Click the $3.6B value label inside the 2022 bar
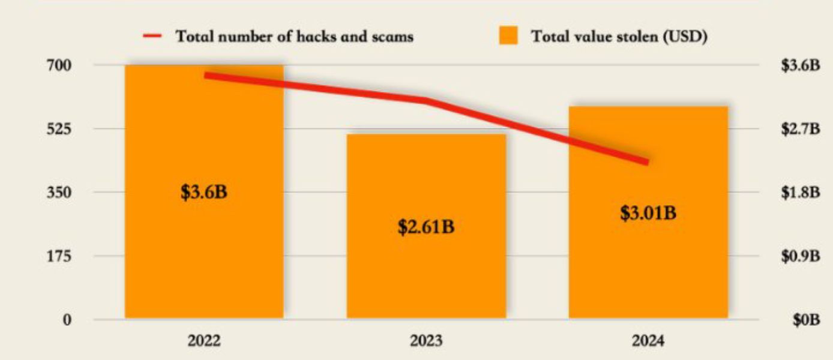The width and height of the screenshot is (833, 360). pyautogui.click(x=204, y=193)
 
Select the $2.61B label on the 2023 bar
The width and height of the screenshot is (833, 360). pyautogui.click(x=426, y=227)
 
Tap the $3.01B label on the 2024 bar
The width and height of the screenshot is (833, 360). pyautogui.click(x=648, y=213)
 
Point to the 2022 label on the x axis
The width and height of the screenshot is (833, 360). pyautogui.click(x=204, y=341)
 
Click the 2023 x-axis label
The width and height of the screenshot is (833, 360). pyautogui.click(x=426, y=341)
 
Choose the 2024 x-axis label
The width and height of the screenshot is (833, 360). pyautogui.click(x=648, y=341)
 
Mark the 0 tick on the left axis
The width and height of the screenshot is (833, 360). pyautogui.click(x=68, y=320)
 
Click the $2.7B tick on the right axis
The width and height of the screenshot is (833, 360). pyautogui.click(x=801, y=128)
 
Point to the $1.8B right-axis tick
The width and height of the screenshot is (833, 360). pyautogui.click(x=801, y=192)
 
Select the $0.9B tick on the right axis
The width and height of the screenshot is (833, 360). pyautogui.click(x=801, y=256)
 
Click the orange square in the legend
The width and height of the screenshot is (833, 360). pyautogui.click(x=508, y=35)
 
